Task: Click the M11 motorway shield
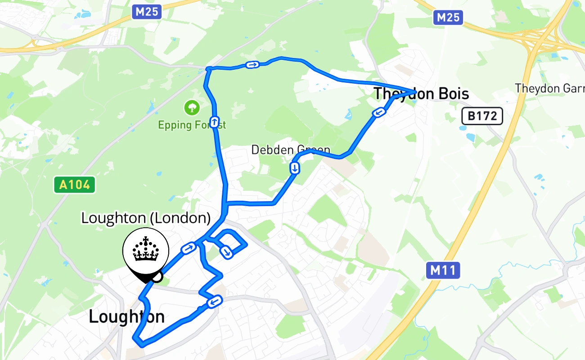click(x=443, y=270)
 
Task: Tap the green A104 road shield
click(x=75, y=184)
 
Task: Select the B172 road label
click(x=482, y=117)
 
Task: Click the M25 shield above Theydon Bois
click(x=448, y=18)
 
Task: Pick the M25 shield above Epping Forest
click(x=147, y=12)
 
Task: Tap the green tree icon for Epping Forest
click(x=192, y=108)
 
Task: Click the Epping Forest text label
click(x=192, y=125)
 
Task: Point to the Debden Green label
click(x=291, y=149)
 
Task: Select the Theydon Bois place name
click(x=421, y=94)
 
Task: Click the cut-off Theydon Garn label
click(x=549, y=88)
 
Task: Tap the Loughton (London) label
click(x=146, y=218)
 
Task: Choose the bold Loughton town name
click(x=126, y=317)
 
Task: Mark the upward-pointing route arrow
click(x=215, y=121)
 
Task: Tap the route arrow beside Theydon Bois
click(x=379, y=112)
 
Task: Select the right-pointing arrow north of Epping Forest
click(x=252, y=65)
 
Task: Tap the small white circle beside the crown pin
click(x=157, y=277)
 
